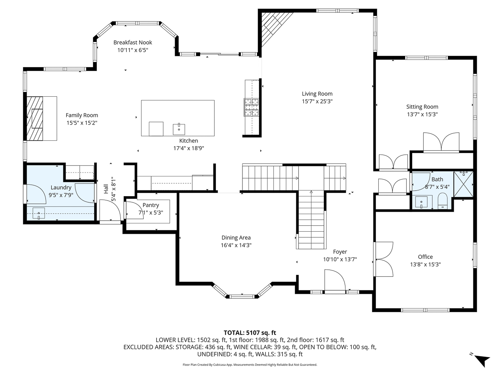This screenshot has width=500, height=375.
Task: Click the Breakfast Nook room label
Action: click(132, 42)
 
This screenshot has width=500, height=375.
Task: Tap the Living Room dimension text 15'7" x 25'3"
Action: click(317, 101)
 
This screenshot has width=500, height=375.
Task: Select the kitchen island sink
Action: click(179, 129)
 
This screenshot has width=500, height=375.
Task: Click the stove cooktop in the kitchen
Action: click(252, 107)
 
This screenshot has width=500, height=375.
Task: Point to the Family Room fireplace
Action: click(35, 118)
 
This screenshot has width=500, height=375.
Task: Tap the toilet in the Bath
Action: click(442, 201)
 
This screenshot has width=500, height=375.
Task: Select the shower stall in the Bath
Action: click(463, 184)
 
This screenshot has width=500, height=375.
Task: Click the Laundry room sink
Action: click(39, 213)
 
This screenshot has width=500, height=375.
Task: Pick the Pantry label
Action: click(150, 205)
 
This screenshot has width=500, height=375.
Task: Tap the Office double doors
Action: click(383, 259)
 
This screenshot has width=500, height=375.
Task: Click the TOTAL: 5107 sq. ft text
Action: click(250, 332)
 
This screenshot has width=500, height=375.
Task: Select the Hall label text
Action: click(106, 189)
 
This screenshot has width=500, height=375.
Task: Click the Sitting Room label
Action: click(422, 107)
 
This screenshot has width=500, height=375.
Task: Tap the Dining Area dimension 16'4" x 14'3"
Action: click(236, 245)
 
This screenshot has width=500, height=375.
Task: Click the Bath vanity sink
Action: click(421, 202)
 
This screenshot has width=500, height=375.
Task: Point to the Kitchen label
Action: click(188, 141)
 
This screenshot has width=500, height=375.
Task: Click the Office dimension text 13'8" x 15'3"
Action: click(425, 264)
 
